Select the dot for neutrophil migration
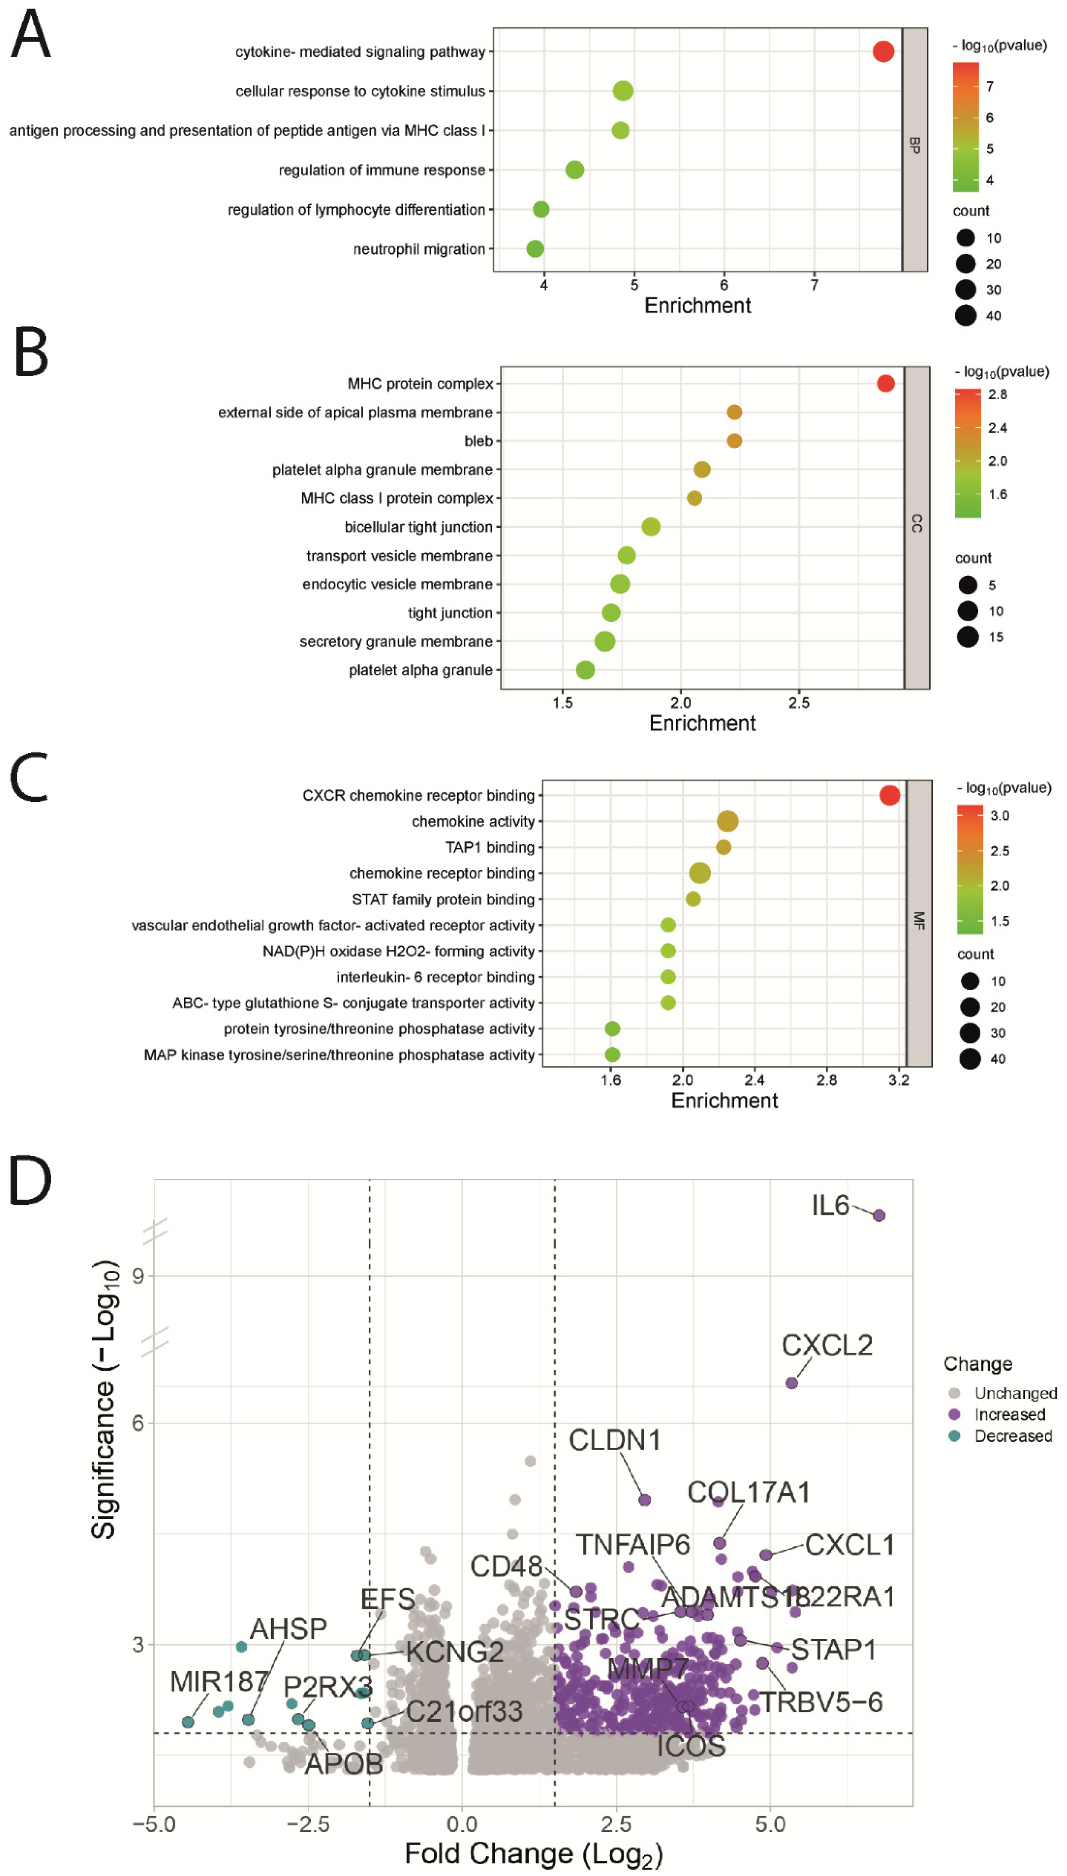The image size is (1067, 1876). tap(535, 249)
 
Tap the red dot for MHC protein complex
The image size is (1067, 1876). tap(885, 383)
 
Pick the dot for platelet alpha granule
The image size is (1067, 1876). tap(585, 669)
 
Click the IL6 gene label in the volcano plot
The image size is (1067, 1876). tap(829, 1205)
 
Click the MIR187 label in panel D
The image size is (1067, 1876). tap(218, 1681)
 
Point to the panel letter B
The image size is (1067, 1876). tap(31, 353)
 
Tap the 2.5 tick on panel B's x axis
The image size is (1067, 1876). tap(799, 702)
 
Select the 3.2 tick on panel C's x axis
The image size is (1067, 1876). tap(898, 1080)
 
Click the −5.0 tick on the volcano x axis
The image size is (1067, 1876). tap(154, 1823)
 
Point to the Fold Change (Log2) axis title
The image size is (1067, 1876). tap(533, 1853)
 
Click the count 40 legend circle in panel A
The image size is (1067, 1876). tap(965, 315)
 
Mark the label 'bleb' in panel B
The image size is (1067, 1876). tap(478, 441)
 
